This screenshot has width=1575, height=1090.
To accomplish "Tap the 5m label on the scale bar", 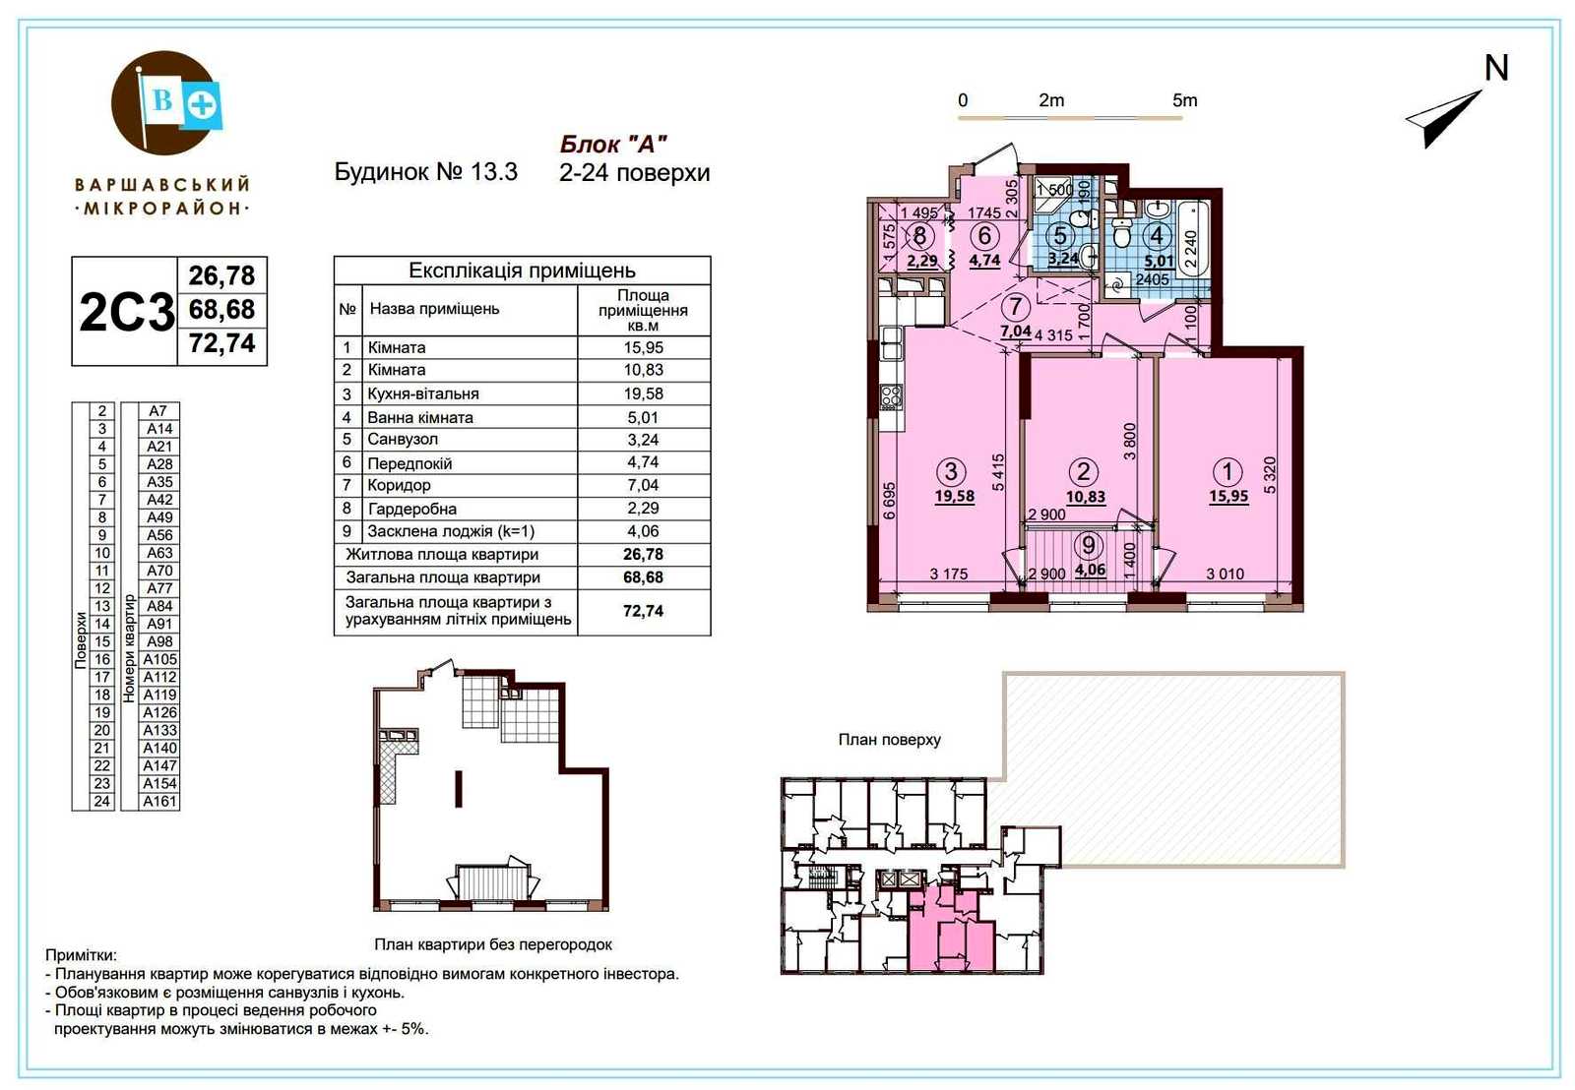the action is coord(1185,100).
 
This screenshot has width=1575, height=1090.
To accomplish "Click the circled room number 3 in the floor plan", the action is coord(951,471).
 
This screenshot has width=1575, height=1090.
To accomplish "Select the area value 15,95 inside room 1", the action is coord(1228,496).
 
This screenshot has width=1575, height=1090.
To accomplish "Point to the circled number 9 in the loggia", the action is coord(1089,545).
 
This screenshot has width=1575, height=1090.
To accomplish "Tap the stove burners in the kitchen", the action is coord(892,396).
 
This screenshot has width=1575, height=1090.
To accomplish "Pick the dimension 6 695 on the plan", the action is coord(890,501).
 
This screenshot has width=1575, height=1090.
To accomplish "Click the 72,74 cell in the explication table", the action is coord(643,611).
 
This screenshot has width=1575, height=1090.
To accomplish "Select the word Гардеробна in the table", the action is coord(412,509).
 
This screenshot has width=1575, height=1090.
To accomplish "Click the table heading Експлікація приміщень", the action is coord(522,271).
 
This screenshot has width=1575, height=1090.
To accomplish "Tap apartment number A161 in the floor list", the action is coord(159,801).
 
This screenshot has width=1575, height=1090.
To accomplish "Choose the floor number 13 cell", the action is coord(102,606).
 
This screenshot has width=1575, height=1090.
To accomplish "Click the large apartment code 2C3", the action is coord(127,312).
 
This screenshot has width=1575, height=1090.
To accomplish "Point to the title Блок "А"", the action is coord(613,144).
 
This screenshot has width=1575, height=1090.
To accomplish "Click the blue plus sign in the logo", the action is coord(202,105).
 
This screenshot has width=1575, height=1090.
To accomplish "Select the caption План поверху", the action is coord(890,740).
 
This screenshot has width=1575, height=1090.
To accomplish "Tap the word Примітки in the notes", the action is coord(81,955).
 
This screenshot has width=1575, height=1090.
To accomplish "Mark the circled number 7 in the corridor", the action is coord(1015,306).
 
